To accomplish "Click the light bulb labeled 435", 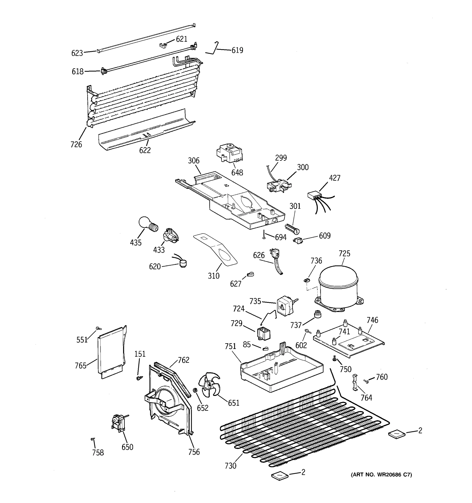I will coord(148,223).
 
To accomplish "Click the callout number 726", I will coord(76,144).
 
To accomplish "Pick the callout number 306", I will coord(194,160).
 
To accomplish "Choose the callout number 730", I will coord(230,465).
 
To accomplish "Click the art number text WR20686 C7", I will coord(381,475).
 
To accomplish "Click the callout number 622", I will coord(145,150).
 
